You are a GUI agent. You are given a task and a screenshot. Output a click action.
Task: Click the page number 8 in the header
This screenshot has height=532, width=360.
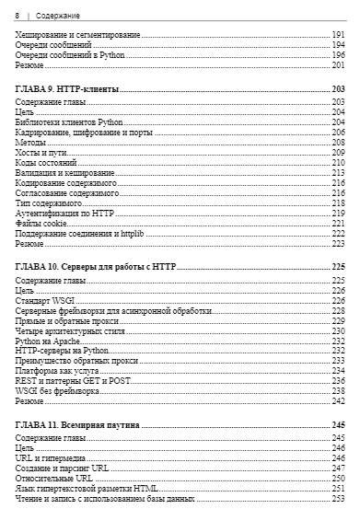tap(17, 16)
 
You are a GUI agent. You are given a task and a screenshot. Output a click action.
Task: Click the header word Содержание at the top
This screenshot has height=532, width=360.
tap(57, 16)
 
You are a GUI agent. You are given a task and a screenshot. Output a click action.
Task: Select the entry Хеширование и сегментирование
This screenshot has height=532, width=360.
tap(74, 34)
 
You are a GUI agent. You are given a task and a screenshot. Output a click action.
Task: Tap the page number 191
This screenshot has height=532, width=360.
tap(338, 34)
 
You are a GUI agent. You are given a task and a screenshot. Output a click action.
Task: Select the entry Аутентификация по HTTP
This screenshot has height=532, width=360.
tap(64, 213)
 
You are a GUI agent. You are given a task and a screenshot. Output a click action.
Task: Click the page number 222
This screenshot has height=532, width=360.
tap(338, 233)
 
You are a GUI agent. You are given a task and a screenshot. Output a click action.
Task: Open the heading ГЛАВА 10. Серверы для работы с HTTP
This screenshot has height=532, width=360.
tap(96, 267)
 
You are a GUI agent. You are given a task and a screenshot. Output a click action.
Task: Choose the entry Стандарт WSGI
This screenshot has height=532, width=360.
tap(46, 300)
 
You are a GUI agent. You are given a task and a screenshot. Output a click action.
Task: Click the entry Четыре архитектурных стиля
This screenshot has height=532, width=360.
tap(70, 330)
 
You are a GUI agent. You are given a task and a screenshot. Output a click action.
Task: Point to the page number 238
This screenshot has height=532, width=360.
tap(338, 391)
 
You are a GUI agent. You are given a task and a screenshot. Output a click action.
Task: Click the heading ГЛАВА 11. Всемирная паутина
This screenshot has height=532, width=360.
tap(77, 425)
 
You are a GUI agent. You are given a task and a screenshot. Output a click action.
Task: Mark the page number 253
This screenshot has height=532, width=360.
tap(338, 499)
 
